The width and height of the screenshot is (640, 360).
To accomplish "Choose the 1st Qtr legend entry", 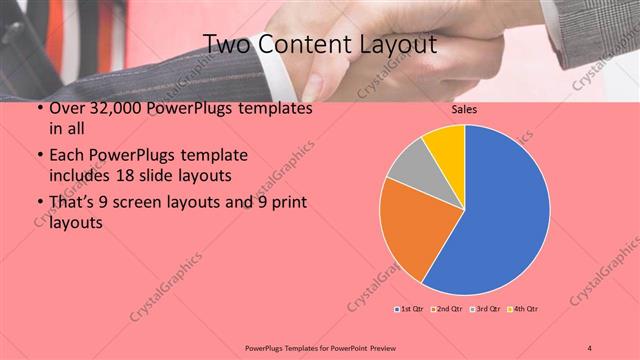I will (411, 310).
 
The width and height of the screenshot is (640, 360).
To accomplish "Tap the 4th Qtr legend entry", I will (525, 310).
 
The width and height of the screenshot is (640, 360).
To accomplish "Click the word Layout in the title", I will (400, 44).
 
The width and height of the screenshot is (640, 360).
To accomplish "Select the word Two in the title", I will (226, 44).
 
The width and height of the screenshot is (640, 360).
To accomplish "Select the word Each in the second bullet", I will (67, 157).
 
